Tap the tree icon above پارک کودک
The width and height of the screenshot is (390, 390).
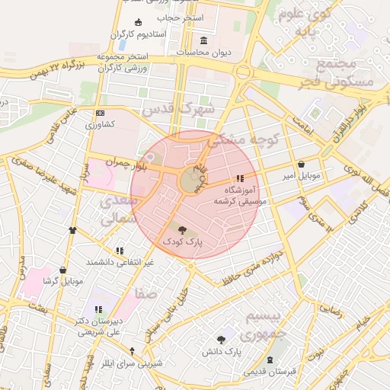[181, 228]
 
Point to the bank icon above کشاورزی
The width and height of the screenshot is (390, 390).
[100, 112]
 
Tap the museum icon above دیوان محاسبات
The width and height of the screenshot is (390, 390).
[203, 40]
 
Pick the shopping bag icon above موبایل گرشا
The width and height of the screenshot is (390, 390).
[62, 269]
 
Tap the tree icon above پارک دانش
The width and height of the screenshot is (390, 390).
[222, 340]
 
